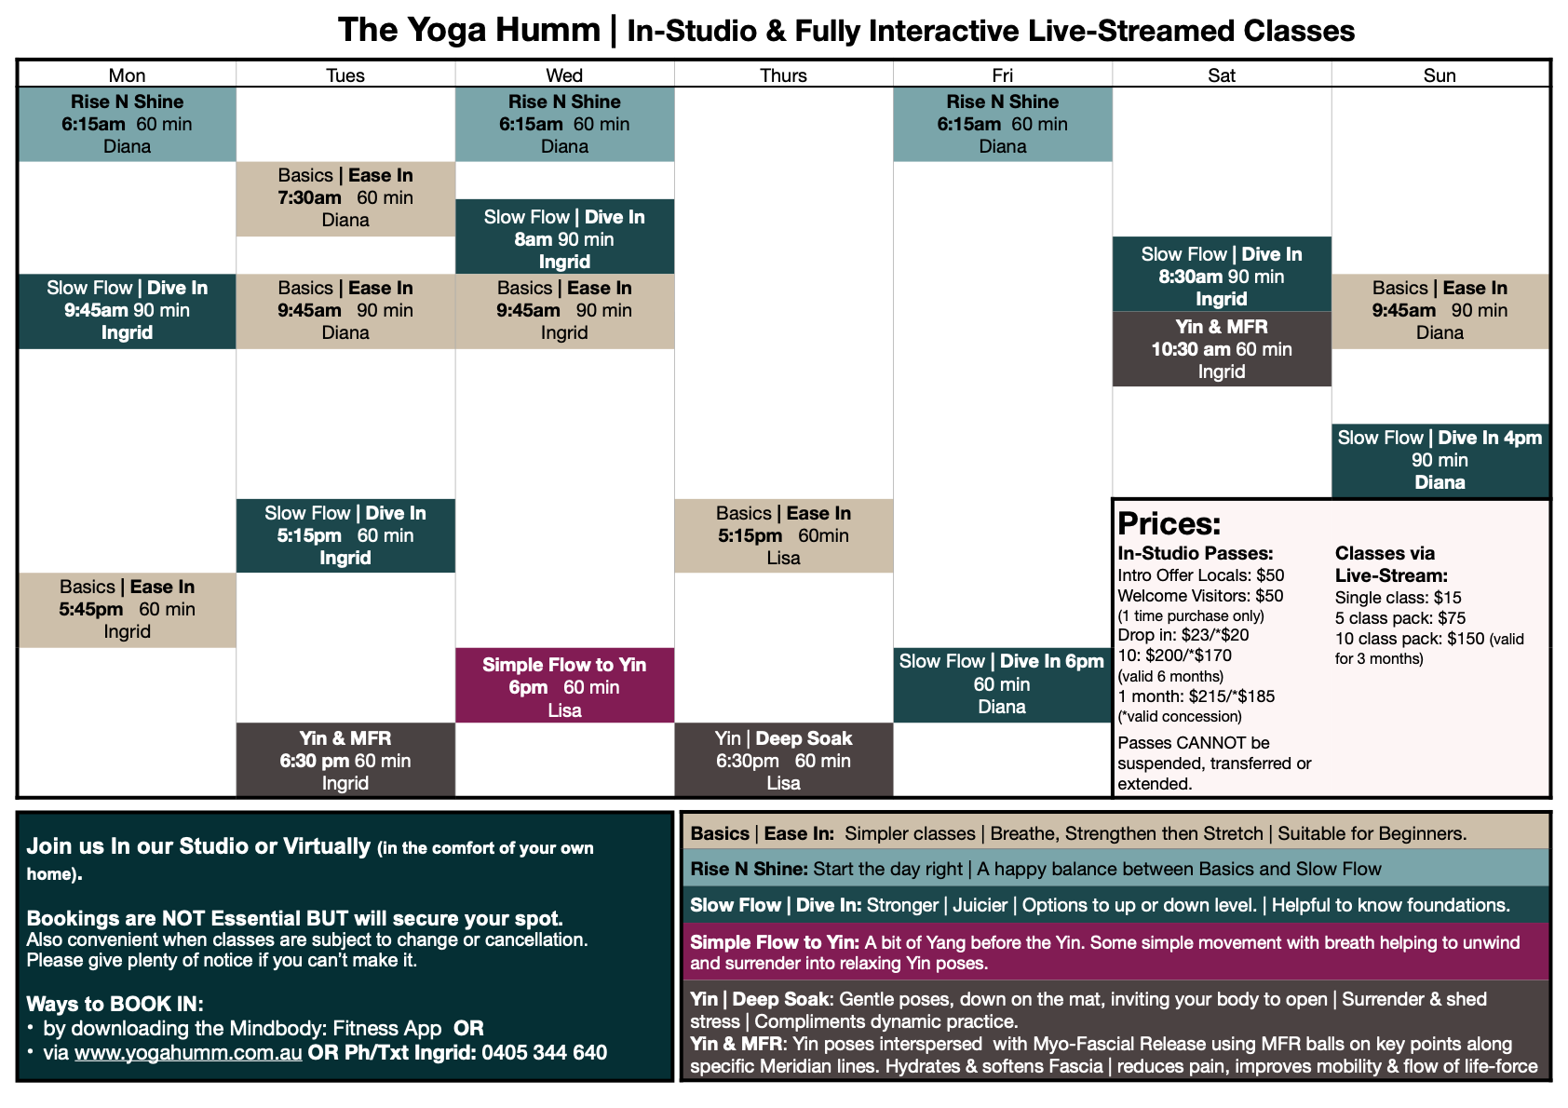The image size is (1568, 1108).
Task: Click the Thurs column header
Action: coord(783,75)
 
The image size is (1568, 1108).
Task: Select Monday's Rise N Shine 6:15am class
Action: coord(127,124)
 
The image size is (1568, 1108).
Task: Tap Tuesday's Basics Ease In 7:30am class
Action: coord(345,198)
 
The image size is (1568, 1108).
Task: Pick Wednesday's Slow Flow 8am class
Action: coord(564,239)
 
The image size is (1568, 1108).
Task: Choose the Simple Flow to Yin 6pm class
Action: coord(564,687)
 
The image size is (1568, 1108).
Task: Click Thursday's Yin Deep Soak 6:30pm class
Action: coord(783,761)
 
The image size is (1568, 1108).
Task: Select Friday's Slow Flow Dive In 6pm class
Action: coord(1002,684)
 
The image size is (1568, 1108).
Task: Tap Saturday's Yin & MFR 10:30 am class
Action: coord(1221,349)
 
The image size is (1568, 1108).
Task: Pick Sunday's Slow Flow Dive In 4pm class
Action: coord(1440,460)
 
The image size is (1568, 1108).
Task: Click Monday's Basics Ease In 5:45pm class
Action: coord(127,610)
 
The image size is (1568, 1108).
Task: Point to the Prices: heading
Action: coord(1169,523)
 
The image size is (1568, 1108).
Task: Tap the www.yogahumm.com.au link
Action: coord(188,1053)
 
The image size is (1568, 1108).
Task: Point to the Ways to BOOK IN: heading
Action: coord(115,1004)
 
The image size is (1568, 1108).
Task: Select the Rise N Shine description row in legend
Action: coord(1115,869)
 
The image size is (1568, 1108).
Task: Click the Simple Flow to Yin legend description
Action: coord(1115,952)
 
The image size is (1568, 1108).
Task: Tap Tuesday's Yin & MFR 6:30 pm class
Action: coord(345,761)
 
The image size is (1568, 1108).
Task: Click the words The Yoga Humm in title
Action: coord(468,30)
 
